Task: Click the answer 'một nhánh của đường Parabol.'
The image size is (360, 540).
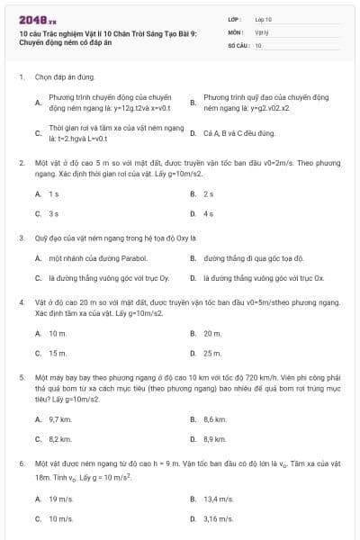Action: point(90,258)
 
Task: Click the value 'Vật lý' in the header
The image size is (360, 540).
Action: point(262,31)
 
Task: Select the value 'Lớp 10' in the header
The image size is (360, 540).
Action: point(264,19)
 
